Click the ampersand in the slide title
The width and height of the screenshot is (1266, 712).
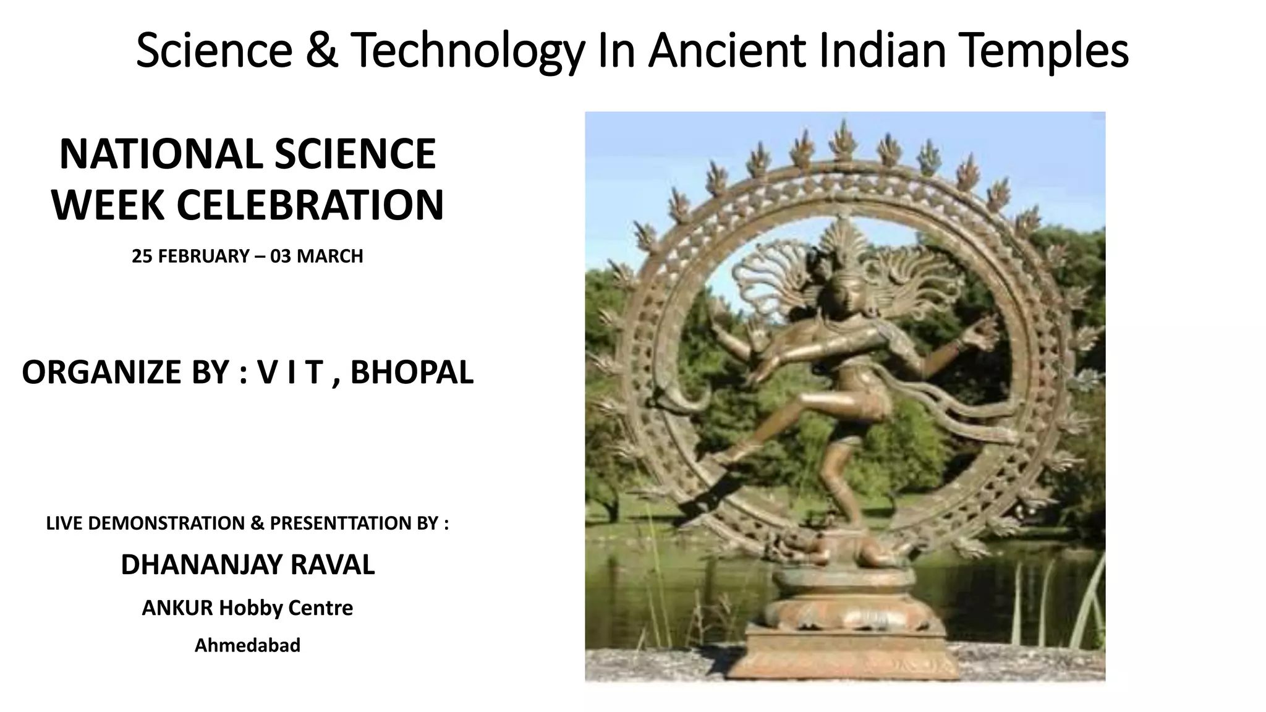[x=321, y=51]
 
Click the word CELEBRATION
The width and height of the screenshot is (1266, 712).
[x=310, y=205]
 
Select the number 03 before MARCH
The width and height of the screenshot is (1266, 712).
[x=280, y=256]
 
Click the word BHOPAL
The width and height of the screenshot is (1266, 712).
[x=412, y=372]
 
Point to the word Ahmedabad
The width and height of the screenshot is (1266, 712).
[x=247, y=645]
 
